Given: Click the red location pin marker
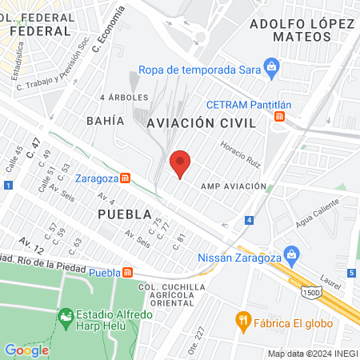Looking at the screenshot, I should tap(180, 164).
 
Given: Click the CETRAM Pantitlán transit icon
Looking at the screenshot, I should tap(279, 117).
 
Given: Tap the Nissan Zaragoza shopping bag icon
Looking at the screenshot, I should tap(292, 258).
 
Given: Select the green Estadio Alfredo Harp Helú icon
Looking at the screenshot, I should tap(66, 318).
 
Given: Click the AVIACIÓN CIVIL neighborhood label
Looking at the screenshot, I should tap(201, 123).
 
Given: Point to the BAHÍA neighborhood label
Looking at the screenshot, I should tap(105, 121).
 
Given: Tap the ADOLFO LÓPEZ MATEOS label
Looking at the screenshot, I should tap(302, 30).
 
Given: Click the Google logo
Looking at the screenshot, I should tap(26, 350).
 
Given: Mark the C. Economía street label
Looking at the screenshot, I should tap(108, 25).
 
